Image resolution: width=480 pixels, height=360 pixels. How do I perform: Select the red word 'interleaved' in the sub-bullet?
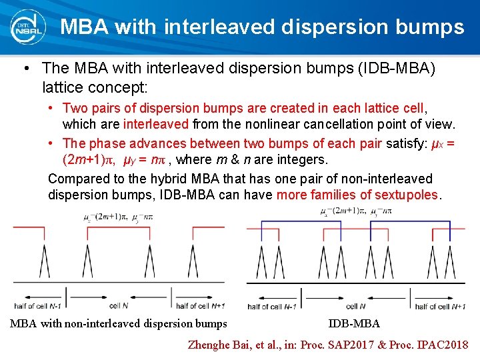[157, 124]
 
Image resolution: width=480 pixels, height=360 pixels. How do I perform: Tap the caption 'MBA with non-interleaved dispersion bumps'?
[119, 324]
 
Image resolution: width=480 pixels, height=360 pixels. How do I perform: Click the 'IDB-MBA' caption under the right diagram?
[354, 324]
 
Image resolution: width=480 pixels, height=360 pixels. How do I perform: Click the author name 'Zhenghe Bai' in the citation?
[221, 345]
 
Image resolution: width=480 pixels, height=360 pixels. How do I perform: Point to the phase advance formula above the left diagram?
[123, 217]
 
